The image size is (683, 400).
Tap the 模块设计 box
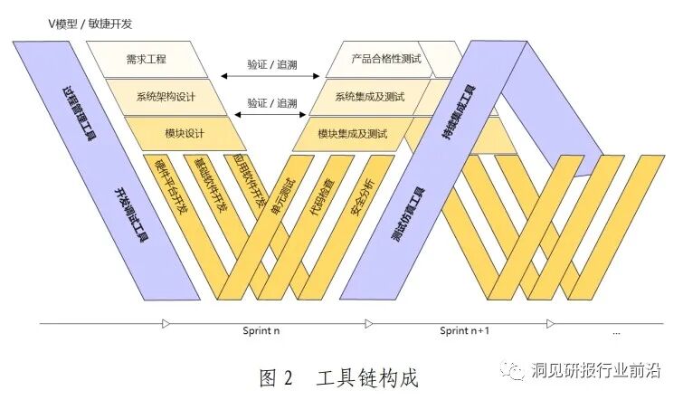185,134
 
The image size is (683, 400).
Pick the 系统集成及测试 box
369,97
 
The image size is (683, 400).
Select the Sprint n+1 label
464,332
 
